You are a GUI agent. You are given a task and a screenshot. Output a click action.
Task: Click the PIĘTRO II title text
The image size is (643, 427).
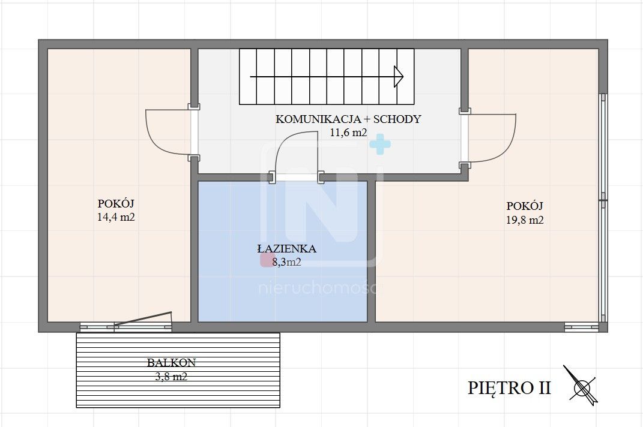pyautogui.click(x=509, y=387)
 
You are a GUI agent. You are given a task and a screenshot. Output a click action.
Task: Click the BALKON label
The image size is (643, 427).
pyautogui.click(x=171, y=363)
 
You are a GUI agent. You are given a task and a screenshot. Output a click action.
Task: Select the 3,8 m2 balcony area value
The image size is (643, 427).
pyautogui.click(x=171, y=377)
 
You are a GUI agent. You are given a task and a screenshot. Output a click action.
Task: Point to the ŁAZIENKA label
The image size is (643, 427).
pyautogui.click(x=286, y=249)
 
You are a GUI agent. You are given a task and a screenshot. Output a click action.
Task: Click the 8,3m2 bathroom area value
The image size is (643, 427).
pyautogui.click(x=286, y=261)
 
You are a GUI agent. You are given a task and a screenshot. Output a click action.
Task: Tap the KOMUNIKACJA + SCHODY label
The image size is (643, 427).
pyautogui.click(x=348, y=119)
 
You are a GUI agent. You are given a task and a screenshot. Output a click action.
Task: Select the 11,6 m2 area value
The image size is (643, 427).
pyautogui.click(x=348, y=133)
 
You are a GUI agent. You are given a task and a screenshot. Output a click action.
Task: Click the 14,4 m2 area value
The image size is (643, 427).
pyautogui.click(x=116, y=217)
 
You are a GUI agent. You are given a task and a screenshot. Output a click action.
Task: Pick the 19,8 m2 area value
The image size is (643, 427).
pyautogui.click(x=524, y=219)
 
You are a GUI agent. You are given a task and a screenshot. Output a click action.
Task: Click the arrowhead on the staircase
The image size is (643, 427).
pyautogui.click(x=398, y=76)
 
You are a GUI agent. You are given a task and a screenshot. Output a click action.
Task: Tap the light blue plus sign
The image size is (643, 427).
pyautogui.click(x=379, y=144)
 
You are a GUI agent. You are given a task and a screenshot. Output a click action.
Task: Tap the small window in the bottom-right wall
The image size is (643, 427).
pyautogui.click(x=581, y=327)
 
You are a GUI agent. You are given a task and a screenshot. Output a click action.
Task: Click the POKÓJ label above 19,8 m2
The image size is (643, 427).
pyautogui.click(x=524, y=205)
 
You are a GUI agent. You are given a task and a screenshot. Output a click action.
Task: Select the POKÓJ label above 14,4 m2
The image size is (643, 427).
pyautogui.click(x=116, y=203)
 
